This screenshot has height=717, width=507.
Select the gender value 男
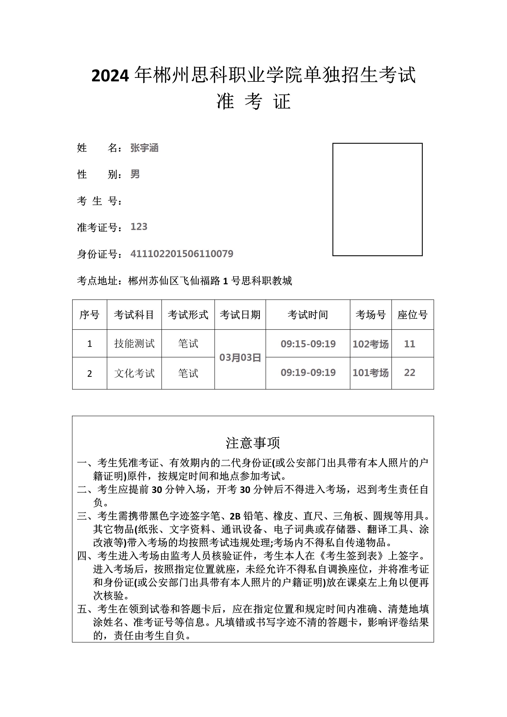click(x=135, y=174)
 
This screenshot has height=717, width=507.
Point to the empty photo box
click(x=377, y=199)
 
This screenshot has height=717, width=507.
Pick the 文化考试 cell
click(x=134, y=373)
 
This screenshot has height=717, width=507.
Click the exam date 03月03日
click(x=240, y=358)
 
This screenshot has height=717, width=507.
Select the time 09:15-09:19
click(x=308, y=344)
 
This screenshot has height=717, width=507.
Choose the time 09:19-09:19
click(x=308, y=373)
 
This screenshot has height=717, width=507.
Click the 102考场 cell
click(x=371, y=344)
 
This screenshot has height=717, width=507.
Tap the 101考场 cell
click(x=371, y=373)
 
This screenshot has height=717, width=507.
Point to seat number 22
click(x=410, y=373)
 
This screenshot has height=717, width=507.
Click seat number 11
click(x=410, y=344)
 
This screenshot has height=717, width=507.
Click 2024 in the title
click(x=110, y=76)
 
